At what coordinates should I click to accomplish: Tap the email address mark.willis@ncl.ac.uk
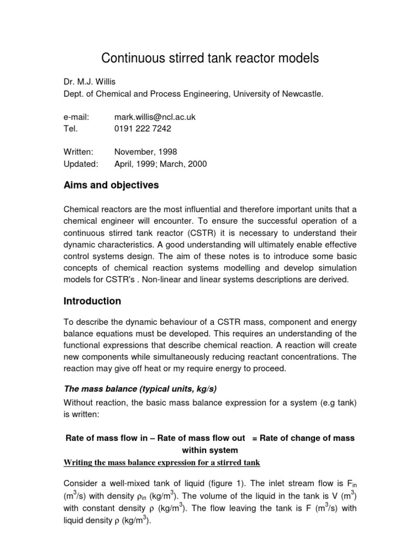pos(155,117)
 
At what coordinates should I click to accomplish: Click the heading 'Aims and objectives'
pos(112,185)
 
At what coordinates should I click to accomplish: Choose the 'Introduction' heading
pos(92,301)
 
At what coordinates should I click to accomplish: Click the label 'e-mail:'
pos(76,117)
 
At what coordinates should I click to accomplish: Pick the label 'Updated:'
pos(81,164)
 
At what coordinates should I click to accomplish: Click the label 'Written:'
pos(79,151)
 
